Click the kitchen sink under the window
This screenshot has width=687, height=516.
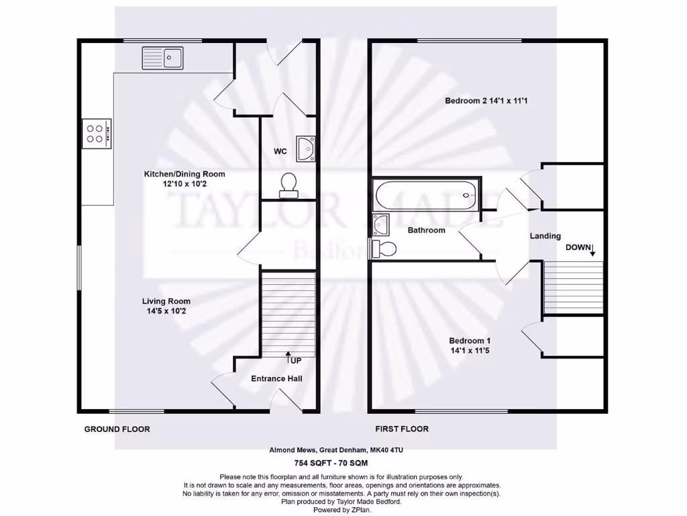click(x=162, y=58)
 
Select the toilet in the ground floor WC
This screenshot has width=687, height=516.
click(x=289, y=185)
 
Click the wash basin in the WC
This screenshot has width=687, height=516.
click(x=306, y=147)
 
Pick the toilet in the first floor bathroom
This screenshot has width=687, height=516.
click(x=385, y=249)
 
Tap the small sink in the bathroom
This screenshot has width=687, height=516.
click(x=380, y=222)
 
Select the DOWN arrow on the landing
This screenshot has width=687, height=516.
click(x=591, y=251)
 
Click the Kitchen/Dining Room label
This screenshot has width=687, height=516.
click(x=184, y=179)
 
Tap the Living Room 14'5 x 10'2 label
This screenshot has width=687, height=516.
click(x=166, y=306)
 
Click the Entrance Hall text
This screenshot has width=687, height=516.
click(x=276, y=379)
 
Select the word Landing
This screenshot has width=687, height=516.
click(x=545, y=236)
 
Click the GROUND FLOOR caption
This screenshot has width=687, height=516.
click(x=117, y=429)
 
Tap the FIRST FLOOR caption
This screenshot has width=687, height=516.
click(x=402, y=429)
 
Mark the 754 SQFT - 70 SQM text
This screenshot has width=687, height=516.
click(x=331, y=463)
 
